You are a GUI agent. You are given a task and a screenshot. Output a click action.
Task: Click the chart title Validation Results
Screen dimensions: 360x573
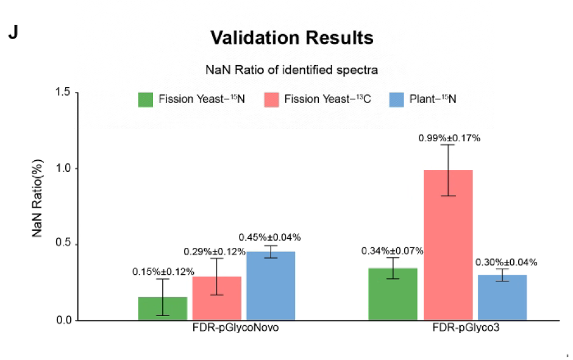pyautogui.click(x=291, y=38)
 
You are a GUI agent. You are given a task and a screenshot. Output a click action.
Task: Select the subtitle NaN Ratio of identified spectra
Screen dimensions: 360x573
pyautogui.click(x=291, y=70)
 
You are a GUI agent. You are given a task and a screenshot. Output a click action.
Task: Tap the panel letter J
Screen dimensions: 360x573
pyautogui.click(x=13, y=33)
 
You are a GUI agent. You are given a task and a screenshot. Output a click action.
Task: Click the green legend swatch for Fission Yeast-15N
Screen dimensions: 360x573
pyautogui.click(x=145, y=99)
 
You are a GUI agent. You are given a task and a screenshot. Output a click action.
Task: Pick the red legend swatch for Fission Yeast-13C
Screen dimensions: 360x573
pyautogui.click(x=271, y=99)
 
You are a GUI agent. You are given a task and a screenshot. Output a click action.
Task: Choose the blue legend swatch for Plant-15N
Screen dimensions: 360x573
pyautogui.click(x=397, y=99)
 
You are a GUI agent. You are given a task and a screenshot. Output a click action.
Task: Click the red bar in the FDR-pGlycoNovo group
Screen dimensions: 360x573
pyautogui.click(x=217, y=298)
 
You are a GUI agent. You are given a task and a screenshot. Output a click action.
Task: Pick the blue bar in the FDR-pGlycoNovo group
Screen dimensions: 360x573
pyautogui.click(x=271, y=286)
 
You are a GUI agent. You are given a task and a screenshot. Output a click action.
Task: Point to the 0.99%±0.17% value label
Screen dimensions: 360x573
pyautogui.click(x=449, y=138)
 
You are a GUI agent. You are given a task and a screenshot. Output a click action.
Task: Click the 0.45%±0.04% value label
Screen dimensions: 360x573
pyautogui.click(x=269, y=237)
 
